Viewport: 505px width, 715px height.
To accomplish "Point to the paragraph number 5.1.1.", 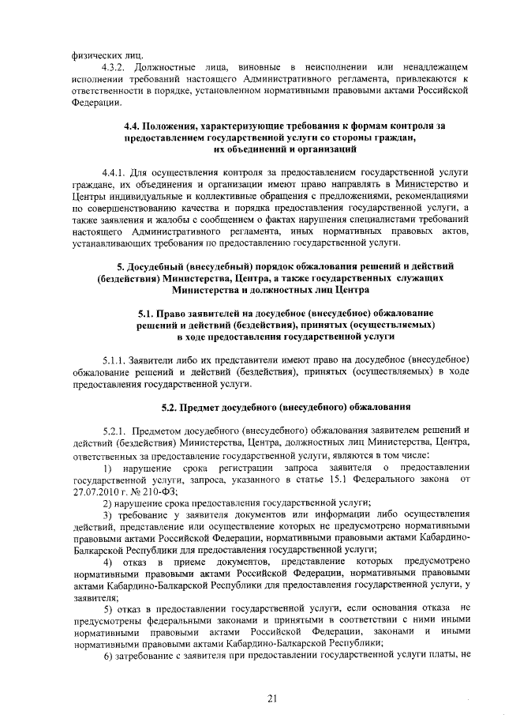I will click(x=115, y=359).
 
